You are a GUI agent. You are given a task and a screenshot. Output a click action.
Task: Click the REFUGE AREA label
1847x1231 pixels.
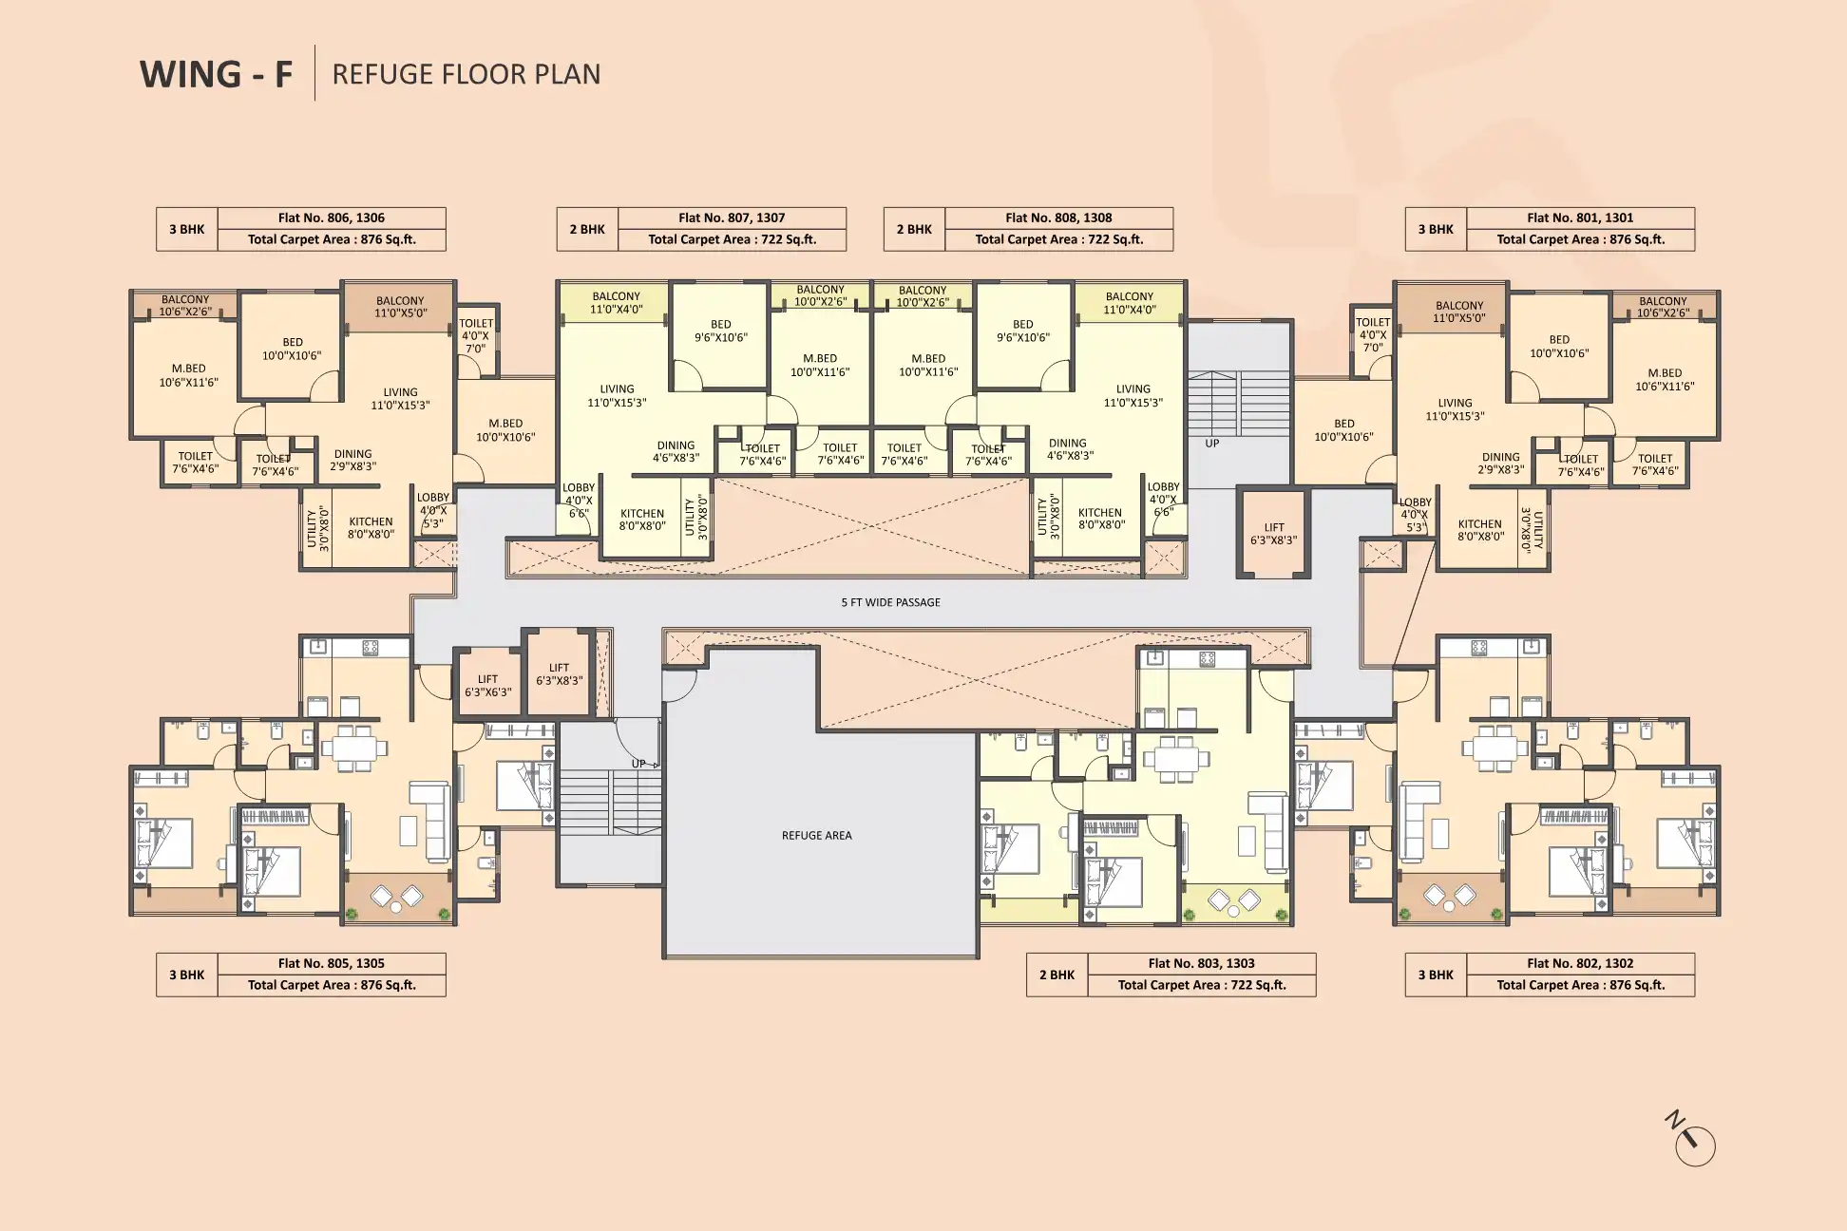816,836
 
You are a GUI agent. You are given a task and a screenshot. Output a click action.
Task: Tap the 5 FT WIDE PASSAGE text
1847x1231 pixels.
890,602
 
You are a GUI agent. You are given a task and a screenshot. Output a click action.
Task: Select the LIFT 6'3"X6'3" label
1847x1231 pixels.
487,686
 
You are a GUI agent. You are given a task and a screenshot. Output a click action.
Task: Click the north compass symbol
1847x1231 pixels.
1691,1140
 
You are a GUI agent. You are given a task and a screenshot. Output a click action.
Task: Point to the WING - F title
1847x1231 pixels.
217,74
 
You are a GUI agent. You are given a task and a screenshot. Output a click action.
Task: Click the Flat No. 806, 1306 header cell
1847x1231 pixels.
332,218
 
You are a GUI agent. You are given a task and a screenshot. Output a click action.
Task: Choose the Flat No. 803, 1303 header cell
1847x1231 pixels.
1202,963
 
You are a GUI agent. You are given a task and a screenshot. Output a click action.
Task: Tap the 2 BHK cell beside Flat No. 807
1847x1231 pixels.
587,229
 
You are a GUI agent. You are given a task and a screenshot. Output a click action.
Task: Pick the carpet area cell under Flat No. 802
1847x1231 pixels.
1581,985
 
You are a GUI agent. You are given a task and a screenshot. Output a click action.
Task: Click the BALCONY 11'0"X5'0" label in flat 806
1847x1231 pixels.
400,307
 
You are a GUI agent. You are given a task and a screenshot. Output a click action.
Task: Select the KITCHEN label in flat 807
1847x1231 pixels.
642,520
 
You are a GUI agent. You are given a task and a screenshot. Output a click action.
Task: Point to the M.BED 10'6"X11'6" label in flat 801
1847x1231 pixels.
1665,380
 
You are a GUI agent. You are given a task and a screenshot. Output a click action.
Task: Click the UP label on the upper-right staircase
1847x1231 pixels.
1212,444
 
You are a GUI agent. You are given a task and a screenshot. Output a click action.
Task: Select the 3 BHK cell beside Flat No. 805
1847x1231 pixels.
187,975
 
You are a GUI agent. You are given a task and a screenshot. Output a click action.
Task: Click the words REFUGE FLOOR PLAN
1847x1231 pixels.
467,74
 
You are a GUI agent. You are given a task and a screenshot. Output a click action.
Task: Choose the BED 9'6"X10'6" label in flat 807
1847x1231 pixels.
721,331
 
